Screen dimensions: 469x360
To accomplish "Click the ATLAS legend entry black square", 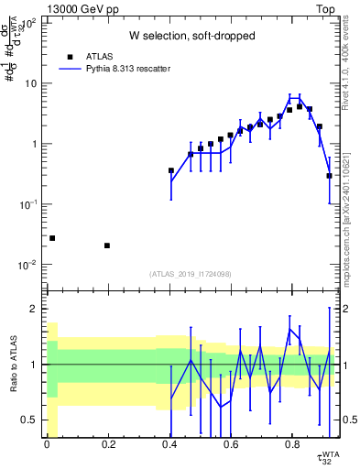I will [70, 55].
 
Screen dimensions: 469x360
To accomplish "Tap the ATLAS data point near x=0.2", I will [108, 245].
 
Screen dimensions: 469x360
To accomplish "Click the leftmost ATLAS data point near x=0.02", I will [52, 238].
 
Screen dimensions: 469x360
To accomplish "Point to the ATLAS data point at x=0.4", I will [171, 170].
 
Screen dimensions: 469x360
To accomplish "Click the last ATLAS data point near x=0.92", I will [329, 175].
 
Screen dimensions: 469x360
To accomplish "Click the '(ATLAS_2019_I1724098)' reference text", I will [191, 274].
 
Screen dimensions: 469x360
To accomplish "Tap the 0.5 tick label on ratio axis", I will [29, 420].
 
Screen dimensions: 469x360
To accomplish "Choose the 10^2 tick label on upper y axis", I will [27, 23].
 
